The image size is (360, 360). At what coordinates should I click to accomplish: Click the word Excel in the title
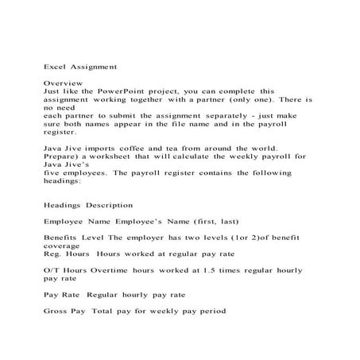(54, 68)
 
